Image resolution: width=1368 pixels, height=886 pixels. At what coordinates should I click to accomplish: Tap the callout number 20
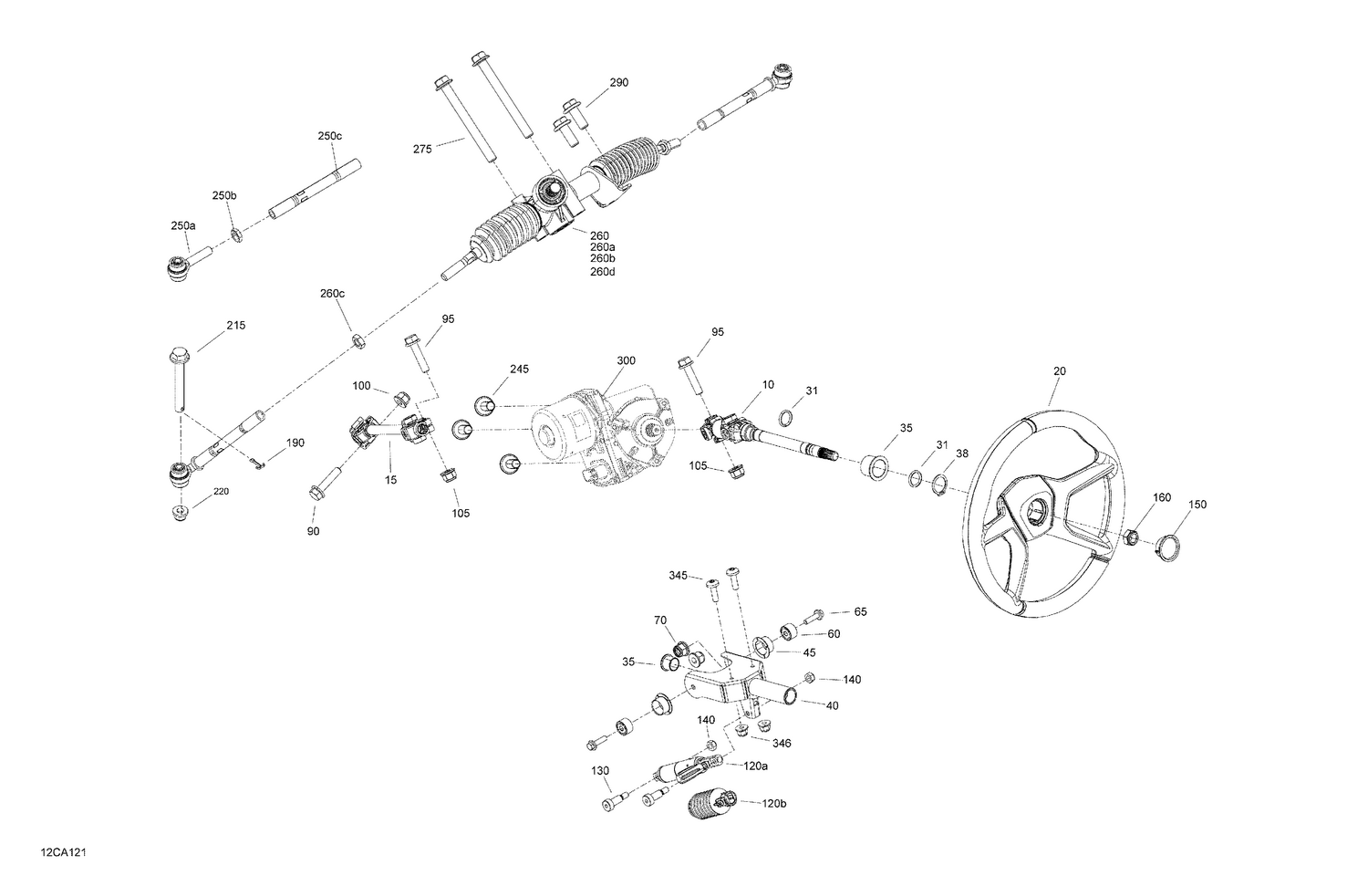1059,371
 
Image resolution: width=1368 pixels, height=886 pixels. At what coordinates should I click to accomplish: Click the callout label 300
626,361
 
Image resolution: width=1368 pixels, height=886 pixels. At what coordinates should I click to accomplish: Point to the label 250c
330,136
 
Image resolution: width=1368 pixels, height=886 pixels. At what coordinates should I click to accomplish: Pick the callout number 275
422,149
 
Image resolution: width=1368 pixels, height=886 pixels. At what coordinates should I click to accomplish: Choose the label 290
618,83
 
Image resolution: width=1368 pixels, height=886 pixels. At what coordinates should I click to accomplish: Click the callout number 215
235,326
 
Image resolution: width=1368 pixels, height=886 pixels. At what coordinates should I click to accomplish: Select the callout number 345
679,576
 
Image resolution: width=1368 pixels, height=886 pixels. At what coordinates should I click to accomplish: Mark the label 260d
603,271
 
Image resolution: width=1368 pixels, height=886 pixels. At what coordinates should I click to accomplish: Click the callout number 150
1197,505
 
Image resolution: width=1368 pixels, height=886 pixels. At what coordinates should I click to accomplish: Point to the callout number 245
519,370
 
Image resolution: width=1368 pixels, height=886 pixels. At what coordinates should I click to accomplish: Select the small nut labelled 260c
358,340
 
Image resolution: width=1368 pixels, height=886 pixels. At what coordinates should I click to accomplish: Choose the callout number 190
295,443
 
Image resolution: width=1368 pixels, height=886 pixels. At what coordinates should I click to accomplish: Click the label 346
781,744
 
